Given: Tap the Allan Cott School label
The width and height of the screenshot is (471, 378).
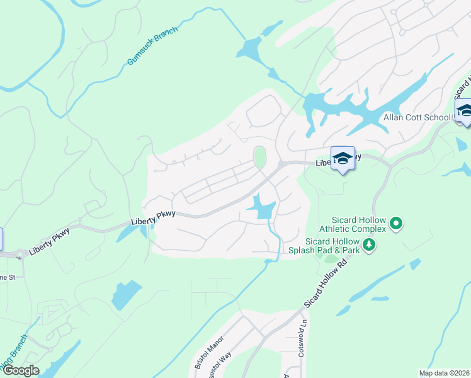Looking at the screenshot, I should (417, 118).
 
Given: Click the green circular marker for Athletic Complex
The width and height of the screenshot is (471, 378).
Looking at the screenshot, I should (396, 223).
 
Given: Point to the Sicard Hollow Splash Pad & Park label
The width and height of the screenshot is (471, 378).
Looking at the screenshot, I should (332, 246).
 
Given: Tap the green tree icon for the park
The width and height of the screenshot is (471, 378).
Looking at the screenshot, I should (369, 245).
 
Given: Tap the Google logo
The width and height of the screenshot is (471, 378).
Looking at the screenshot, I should (20, 370).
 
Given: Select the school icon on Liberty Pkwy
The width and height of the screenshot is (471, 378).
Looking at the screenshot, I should (343, 159).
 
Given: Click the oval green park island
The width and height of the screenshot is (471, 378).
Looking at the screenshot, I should (259, 157).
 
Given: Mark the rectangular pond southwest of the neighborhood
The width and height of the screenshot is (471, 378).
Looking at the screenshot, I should (126, 294).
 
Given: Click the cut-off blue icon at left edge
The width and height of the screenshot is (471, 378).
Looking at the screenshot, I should (1, 239).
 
